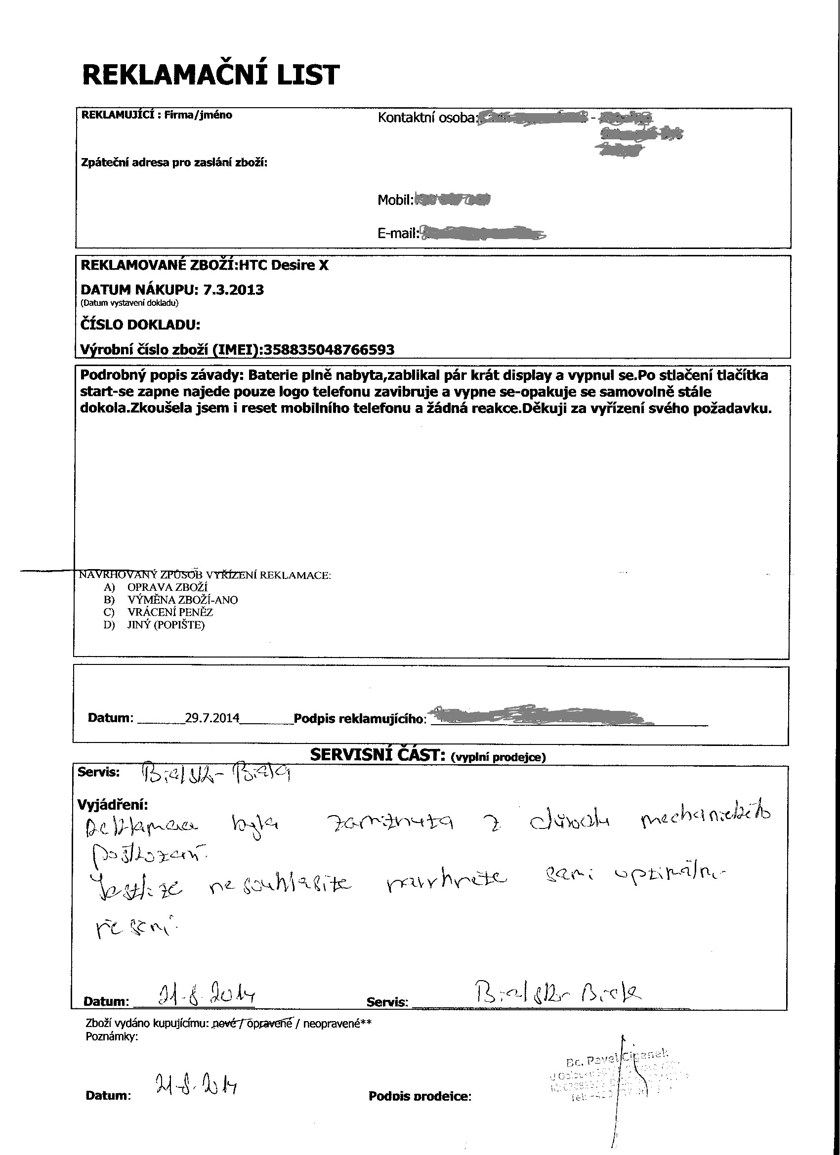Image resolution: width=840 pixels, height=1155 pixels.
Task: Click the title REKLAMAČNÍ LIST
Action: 210,75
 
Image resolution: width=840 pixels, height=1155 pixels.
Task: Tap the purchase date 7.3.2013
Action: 233,290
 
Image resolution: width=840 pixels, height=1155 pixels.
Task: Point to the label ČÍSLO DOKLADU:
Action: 141,325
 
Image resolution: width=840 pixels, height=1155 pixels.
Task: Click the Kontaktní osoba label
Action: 427,118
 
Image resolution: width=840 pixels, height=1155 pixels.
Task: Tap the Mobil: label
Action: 395,201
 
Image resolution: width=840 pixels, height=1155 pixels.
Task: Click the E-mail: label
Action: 398,233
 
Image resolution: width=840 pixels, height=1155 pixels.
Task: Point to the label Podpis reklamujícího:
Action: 360,719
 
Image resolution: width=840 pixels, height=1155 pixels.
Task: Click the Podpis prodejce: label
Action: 420,1096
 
